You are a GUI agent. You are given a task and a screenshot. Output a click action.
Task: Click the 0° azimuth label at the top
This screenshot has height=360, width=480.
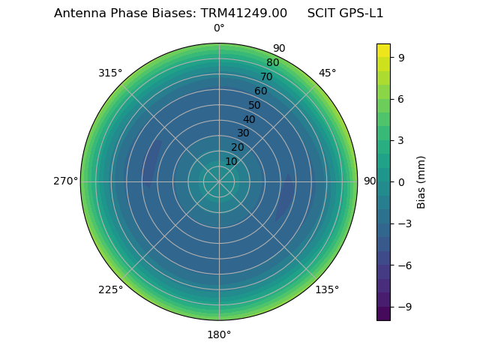click(219, 28)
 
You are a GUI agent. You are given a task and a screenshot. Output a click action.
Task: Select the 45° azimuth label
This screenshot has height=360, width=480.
click(327, 73)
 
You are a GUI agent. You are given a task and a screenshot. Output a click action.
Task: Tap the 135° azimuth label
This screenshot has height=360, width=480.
click(327, 289)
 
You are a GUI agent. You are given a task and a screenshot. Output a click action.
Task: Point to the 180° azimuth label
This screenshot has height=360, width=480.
click(219, 334)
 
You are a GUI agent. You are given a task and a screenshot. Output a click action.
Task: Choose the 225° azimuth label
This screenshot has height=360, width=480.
click(110, 289)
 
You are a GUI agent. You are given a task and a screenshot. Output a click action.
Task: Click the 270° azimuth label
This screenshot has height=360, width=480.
click(65, 181)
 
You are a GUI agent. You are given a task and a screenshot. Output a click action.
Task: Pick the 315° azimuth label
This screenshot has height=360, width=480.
click(110, 73)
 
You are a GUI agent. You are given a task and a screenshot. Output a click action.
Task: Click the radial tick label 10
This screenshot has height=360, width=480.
click(231, 161)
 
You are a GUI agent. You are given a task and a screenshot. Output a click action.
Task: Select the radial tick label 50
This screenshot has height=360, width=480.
click(255, 106)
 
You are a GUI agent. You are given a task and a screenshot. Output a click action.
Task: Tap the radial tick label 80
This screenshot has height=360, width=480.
click(272, 63)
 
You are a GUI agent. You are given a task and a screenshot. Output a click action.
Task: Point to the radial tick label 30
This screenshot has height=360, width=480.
click(243, 133)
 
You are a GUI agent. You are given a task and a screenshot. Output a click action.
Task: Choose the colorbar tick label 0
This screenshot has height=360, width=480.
click(402, 181)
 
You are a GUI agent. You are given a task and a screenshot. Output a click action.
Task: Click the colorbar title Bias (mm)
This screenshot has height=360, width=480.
click(421, 181)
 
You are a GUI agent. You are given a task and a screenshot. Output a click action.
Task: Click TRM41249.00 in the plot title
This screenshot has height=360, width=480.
click(244, 13)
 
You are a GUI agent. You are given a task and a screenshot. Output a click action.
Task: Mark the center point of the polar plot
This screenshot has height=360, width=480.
click(219, 181)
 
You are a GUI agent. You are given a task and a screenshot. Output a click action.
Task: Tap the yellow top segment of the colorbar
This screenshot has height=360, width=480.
click(383, 50)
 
